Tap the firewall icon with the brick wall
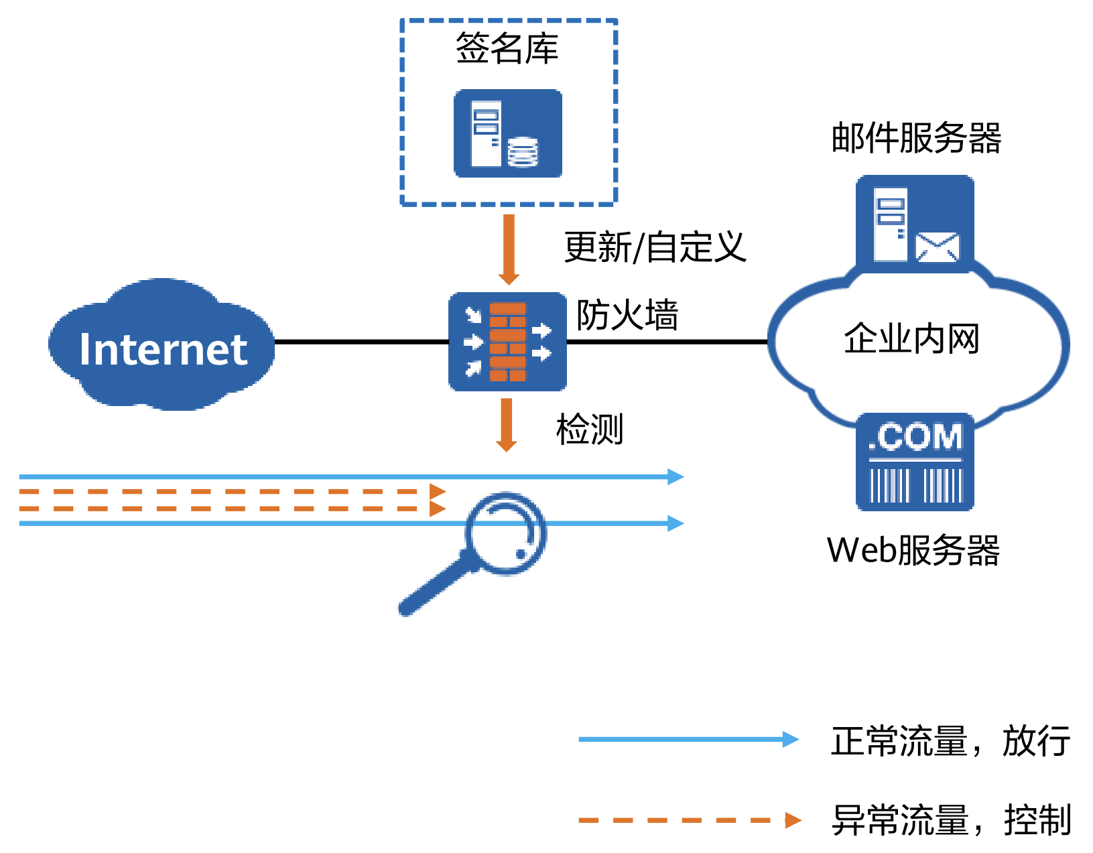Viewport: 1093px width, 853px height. [x=507, y=342]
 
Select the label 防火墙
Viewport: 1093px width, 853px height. [x=627, y=315]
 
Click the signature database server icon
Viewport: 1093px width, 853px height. [x=507, y=133]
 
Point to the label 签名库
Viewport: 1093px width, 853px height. [x=507, y=49]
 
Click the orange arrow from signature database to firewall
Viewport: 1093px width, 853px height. [x=509, y=248]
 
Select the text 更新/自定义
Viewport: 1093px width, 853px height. [x=655, y=247]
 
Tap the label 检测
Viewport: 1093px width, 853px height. [x=590, y=430]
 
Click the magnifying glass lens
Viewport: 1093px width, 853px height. [x=506, y=533]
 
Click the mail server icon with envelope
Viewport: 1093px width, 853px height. [x=915, y=224]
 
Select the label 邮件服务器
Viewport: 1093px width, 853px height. [x=916, y=139]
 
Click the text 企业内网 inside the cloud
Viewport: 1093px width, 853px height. [x=911, y=338]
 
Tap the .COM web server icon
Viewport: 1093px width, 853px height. [x=915, y=462]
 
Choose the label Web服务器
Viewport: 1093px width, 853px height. [x=913, y=550]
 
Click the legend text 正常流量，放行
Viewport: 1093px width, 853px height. [x=950, y=741]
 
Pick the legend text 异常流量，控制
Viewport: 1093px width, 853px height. [x=951, y=820]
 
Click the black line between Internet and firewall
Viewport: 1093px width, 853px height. [x=362, y=342]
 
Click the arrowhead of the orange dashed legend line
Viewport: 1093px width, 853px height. [x=793, y=820]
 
